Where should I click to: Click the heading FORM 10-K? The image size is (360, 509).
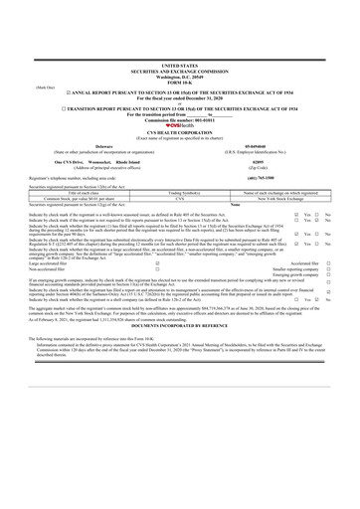(x=180, y=26)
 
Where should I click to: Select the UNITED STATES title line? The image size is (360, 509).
(x=180, y=9)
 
